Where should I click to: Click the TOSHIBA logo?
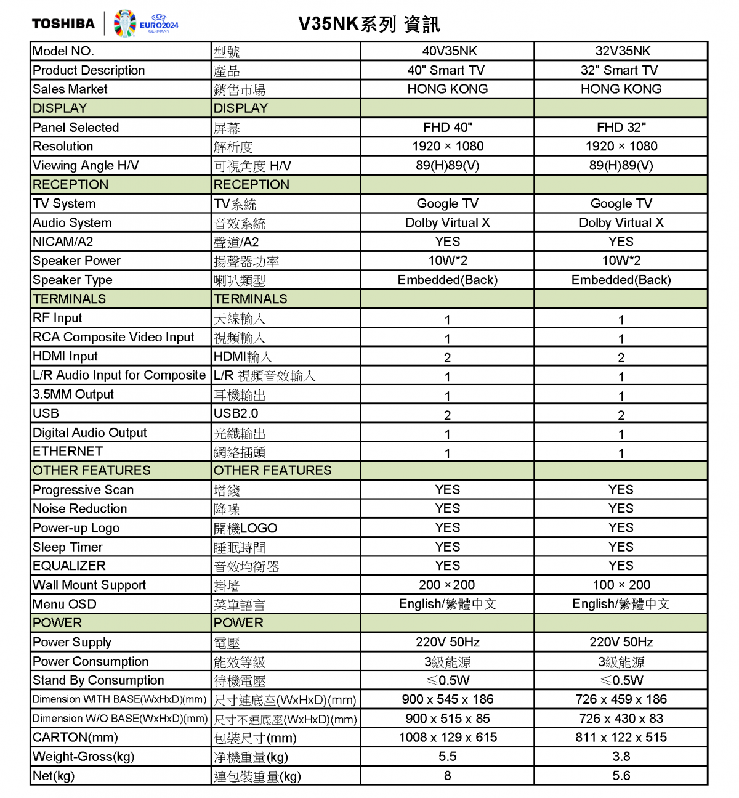63,24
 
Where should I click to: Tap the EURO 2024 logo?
146,24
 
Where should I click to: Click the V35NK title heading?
369,24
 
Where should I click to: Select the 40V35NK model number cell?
448,51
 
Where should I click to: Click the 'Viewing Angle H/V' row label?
86,166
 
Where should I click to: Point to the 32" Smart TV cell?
620,70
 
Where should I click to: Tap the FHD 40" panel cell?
448,128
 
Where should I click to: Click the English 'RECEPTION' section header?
70,185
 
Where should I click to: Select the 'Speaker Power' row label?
76,261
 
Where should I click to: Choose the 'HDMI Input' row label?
65,357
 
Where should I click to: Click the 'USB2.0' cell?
236,413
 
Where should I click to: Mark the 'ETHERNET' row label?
68,452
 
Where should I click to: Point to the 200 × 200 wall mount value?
447,585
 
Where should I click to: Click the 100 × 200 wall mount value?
621,585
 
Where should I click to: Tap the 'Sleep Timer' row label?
68,547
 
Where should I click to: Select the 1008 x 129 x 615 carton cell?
448,738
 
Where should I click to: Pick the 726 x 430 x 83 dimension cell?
621,719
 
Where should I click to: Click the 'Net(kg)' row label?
54,776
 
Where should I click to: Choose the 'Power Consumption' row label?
91,662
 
